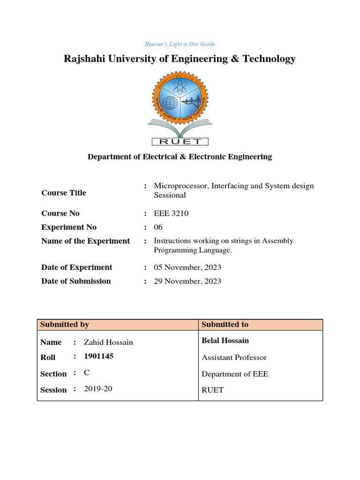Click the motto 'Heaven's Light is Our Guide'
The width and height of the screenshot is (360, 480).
coord(180,44)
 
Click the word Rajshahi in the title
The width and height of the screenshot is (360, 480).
coord(85,59)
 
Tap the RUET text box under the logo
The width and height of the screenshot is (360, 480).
coord(180,141)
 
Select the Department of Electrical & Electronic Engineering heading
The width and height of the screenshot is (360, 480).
coord(180,157)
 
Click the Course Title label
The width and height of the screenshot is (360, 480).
coord(64,193)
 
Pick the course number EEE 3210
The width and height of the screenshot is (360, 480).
coord(171,213)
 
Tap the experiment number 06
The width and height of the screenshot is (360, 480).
coord(158,227)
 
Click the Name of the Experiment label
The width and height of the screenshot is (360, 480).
coord(85,241)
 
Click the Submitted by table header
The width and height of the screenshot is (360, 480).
coord(65,324)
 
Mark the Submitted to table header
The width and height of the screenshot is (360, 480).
coord(225,324)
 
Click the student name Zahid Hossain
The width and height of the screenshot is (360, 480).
coord(108,343)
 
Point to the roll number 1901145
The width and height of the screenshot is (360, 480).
coord(98,356)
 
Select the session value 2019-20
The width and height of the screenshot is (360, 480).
coord(98,389)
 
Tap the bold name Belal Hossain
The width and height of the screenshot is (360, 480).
coord(225,341)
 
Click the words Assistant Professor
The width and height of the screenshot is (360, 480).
coord(234,358)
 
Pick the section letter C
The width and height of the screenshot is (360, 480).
coord(86,373)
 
